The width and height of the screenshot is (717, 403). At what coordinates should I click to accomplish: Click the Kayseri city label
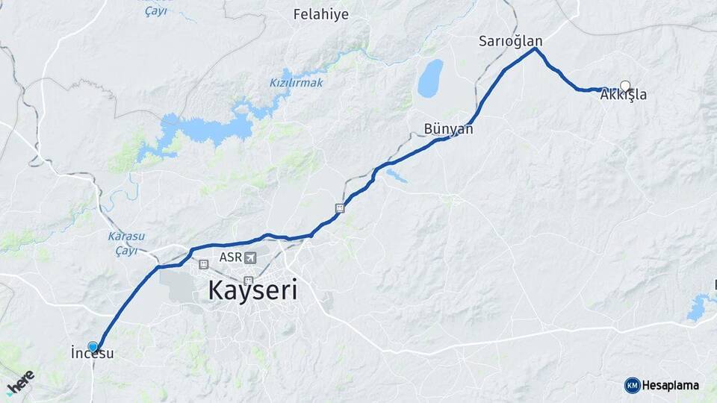point(252,290)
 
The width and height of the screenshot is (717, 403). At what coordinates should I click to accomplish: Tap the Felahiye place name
point(321,14)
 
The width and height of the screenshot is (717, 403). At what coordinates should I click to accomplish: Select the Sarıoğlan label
point(511,41)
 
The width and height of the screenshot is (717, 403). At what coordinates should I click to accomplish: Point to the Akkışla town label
point(624,96)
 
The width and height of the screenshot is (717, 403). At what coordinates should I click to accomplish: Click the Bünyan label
point(448,129)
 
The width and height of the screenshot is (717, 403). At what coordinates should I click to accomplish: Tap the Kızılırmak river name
point(297,83)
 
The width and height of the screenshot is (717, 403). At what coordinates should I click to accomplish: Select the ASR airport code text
point(230,257)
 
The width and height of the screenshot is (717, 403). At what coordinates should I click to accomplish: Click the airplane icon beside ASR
point(249,257)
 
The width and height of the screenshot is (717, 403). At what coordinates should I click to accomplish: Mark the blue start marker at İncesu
point(93,347)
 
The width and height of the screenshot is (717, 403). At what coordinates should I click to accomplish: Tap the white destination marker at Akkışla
point(625,86)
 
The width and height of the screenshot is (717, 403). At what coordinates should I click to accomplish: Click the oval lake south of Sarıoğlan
point(430,78)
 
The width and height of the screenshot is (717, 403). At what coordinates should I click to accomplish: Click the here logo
point(20,382)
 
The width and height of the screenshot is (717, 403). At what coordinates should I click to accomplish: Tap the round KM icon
point(632,385)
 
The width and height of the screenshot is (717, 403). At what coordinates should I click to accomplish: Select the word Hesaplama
point(671,385)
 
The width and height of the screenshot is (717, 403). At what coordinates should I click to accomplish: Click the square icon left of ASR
point(203,264)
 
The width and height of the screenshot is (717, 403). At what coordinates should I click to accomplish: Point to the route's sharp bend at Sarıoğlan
point(535,49)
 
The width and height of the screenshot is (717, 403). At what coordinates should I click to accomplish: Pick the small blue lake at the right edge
point(699,307)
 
